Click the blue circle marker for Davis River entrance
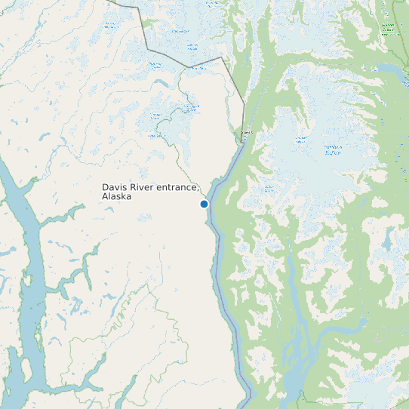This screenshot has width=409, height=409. coord(204,204)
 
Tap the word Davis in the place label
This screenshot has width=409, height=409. coord(115,186)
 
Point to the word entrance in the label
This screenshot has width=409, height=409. coord(179,186)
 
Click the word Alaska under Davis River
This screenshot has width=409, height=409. coord(116,196)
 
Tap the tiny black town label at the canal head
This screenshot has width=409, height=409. coord(246,134)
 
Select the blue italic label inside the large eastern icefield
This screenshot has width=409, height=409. coord(333,149)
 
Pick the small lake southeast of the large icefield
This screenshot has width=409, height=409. coord(388,241)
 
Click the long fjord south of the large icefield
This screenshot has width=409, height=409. coord(298,332)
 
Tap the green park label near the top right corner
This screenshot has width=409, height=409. coord(388,29)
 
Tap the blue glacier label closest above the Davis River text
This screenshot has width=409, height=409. coord(155,135)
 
